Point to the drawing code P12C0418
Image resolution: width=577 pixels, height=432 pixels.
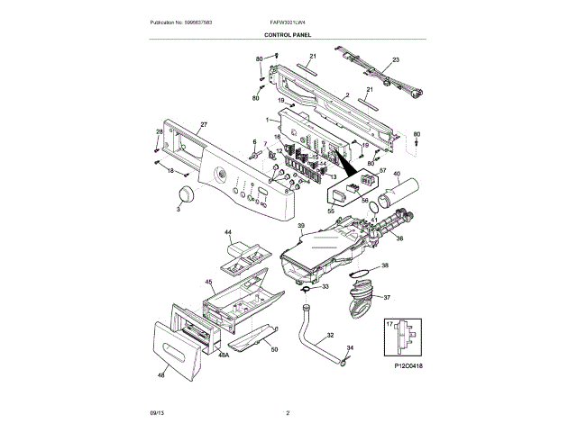[408, 366]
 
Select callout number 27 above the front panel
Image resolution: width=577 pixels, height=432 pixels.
[204, 124]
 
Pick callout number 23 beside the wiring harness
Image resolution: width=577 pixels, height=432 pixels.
[394, 61]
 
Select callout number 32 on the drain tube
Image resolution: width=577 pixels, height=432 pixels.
[330, 335]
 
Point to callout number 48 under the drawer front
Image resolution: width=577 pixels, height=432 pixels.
[161, 374]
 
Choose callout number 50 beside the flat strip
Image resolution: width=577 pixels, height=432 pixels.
[274, 349]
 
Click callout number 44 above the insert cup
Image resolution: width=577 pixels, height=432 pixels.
[228, 232]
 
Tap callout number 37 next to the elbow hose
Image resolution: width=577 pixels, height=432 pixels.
[387, 298]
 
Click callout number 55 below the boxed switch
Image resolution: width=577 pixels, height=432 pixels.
[330, 209]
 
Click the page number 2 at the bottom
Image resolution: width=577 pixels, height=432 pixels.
[287, 413]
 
